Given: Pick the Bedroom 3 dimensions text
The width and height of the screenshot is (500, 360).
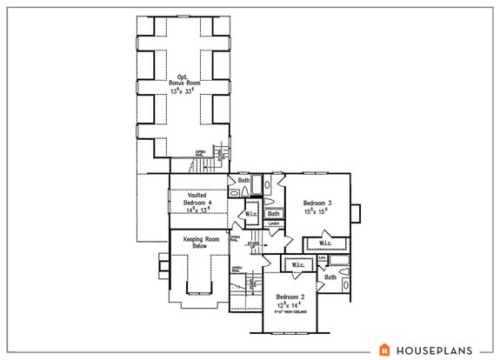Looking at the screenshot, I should coord(316,210).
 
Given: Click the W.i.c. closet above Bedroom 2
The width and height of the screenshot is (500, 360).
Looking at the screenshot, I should coord(297,265).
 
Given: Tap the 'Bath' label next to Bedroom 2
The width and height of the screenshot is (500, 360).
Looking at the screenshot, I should coord(330,277).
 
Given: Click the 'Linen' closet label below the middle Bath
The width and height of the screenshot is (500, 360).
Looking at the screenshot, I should coord(272,223).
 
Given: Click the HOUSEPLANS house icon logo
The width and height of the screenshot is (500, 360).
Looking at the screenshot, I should coord(384,350).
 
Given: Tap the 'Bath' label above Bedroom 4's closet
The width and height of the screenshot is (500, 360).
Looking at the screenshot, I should coord(243,181).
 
